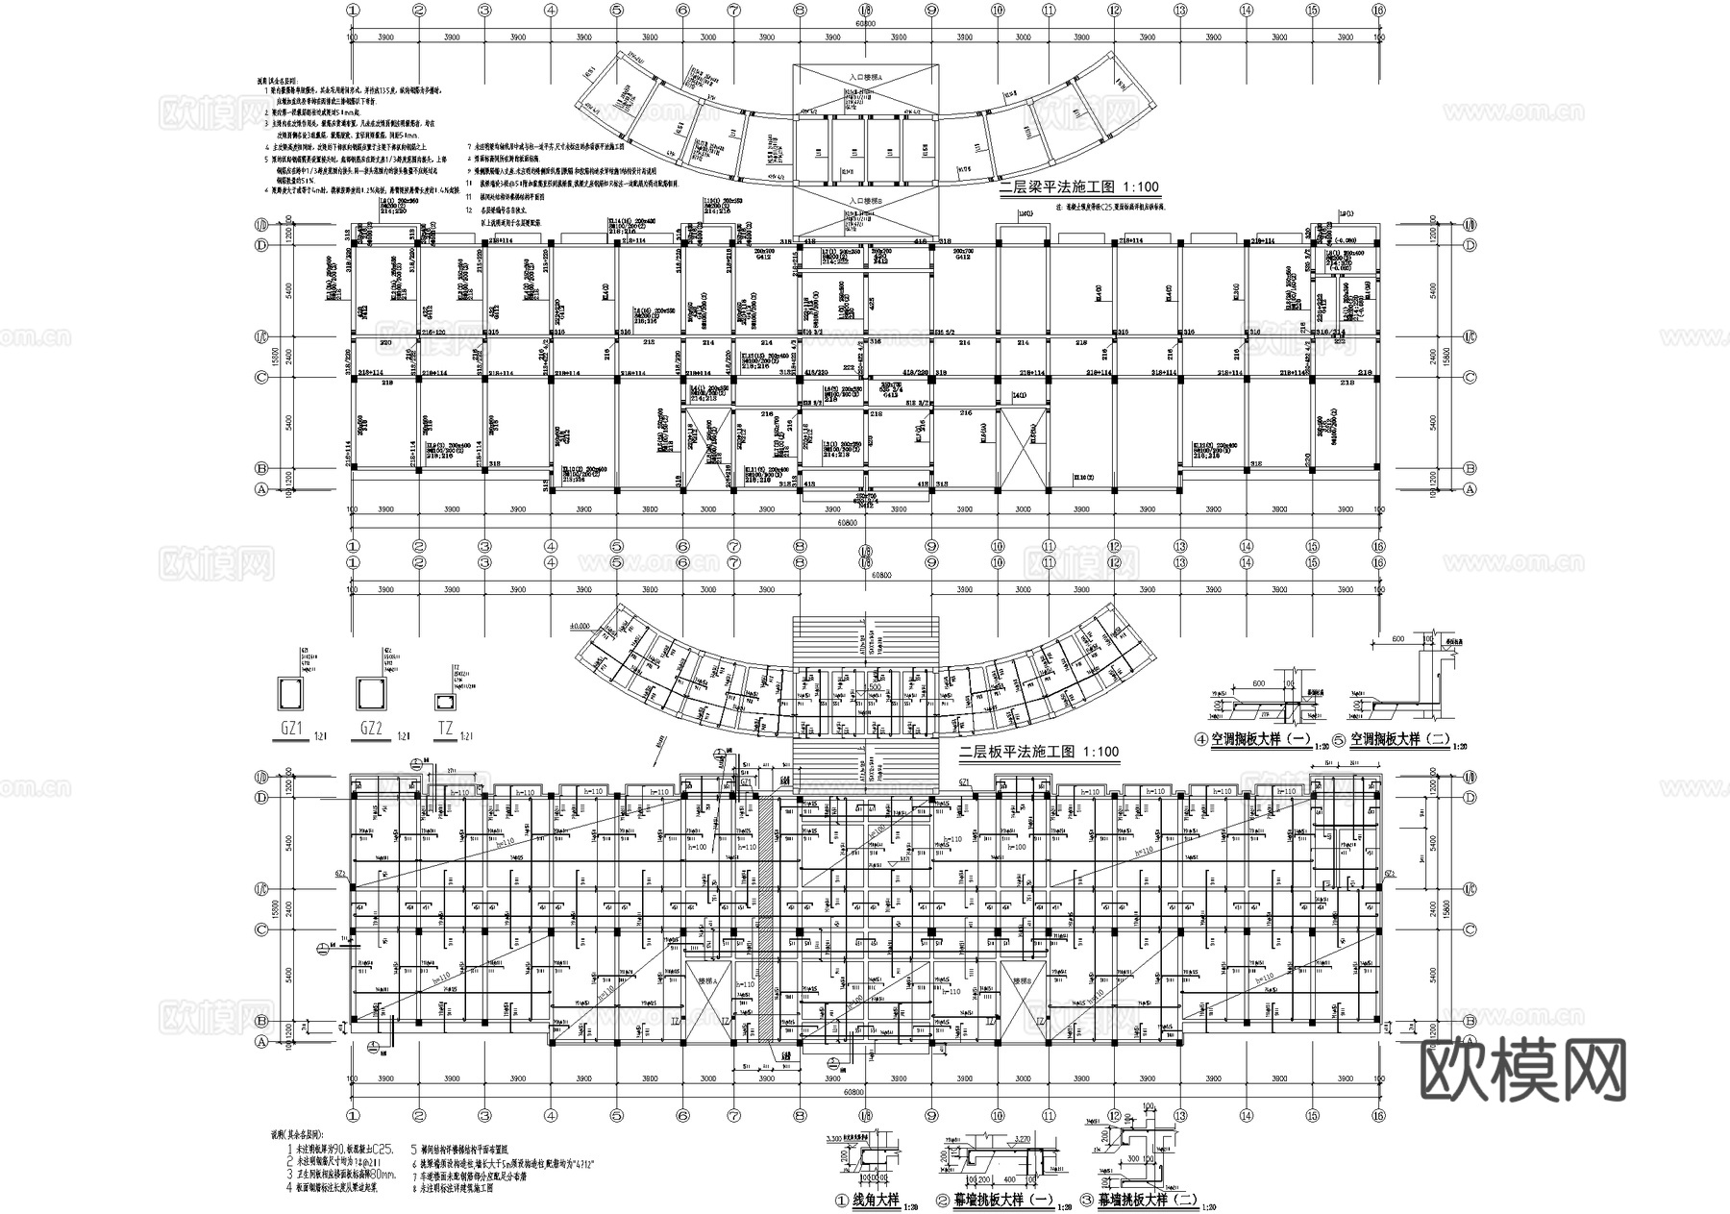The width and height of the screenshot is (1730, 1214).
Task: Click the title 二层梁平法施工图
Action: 1067,188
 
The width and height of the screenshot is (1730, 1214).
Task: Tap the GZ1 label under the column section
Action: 292,730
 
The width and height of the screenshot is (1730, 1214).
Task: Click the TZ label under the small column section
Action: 446,730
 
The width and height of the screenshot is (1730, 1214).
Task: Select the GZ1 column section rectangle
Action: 291,691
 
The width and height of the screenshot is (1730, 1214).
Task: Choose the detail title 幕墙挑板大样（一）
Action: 1002,1200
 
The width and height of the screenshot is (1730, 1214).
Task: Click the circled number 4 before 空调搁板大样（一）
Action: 1200,741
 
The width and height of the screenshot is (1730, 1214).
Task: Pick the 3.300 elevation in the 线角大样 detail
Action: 835,1138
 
